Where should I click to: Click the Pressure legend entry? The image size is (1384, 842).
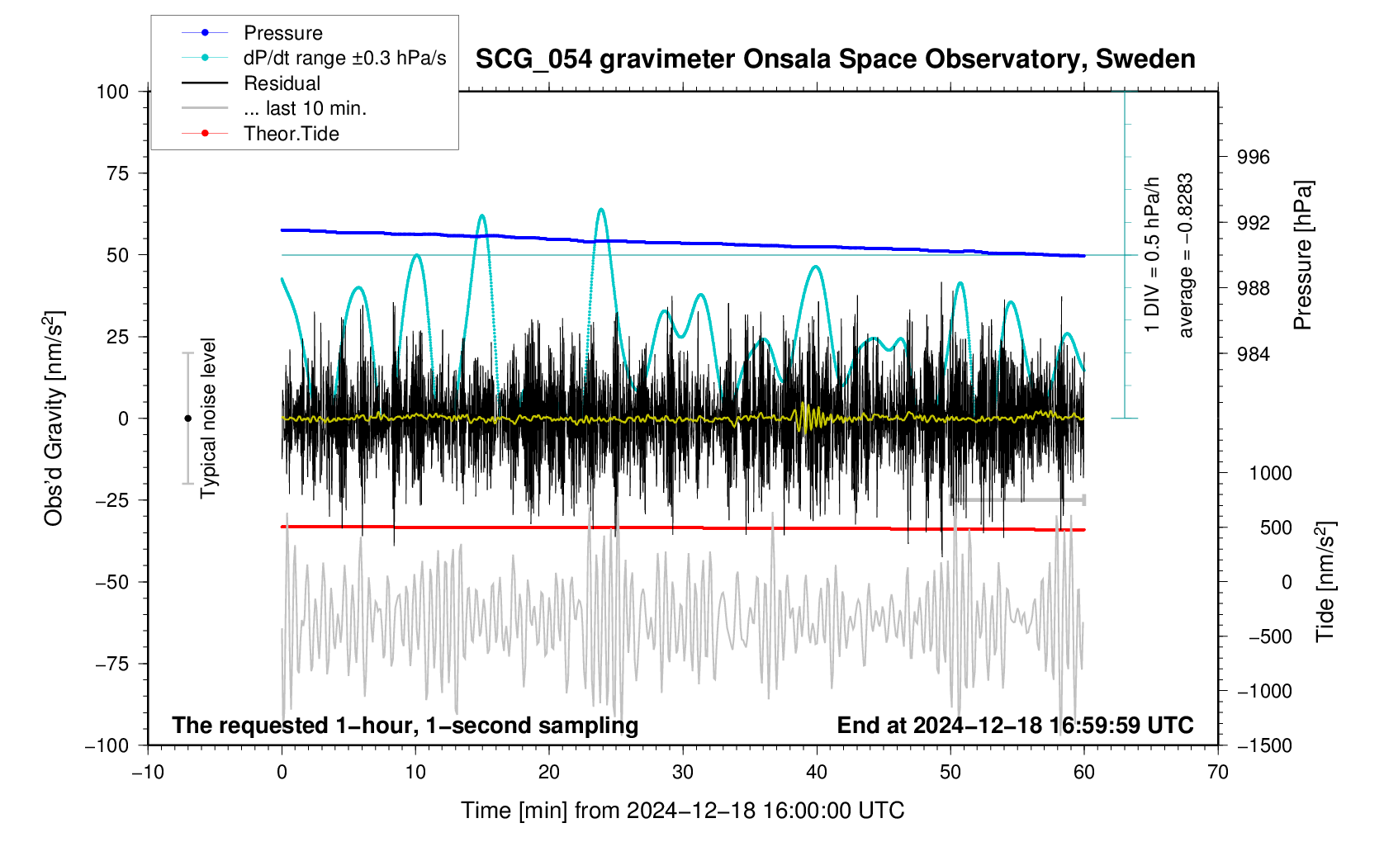(282, 33)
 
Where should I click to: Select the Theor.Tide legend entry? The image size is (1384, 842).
(291, 134)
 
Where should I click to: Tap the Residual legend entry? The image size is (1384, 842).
(282, 83)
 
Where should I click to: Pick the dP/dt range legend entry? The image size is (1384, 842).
(344, 58)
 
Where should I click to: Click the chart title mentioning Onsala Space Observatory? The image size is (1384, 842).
(835, 59)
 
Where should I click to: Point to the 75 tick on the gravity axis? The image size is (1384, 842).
(112, 173)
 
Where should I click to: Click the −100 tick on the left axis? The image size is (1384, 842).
(107, 745)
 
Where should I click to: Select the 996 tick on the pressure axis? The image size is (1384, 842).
(1253, 158)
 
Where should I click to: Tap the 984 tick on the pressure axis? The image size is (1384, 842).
(1253, 354)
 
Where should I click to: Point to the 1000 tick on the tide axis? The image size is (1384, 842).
(1270, 473)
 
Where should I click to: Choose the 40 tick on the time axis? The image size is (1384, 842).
(817, 773)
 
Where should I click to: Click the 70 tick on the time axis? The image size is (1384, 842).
(1217, 773)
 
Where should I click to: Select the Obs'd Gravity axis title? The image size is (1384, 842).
(54, 418)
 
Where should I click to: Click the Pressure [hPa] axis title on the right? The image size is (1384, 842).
(1303, 255)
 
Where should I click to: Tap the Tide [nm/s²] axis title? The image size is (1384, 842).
(1325, 581)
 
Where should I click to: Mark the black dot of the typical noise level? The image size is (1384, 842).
(187, 419)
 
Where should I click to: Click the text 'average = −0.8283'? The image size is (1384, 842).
(1186, 255)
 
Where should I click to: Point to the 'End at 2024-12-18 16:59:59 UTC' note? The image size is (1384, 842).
(1015, 726)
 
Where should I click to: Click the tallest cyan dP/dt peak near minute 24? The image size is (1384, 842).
(601, 209)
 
